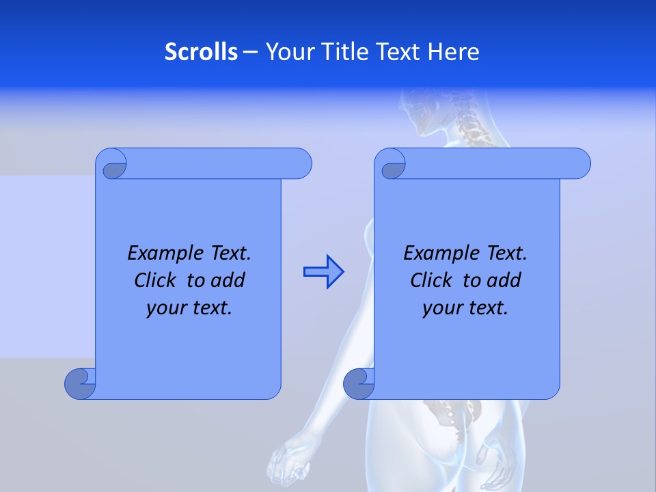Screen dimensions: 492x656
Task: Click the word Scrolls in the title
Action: click(201, 52)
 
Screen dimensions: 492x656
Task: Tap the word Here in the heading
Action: click(454, 52)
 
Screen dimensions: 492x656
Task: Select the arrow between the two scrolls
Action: click(323, 272)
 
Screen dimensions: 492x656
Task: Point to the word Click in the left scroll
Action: click(158, 280)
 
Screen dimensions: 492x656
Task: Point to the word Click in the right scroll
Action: click(434, 280)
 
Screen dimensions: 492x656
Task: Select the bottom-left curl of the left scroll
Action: click(79, 383)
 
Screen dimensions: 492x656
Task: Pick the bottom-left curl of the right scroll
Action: click(359, 383)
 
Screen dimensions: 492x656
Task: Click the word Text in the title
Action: click(399, 52)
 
